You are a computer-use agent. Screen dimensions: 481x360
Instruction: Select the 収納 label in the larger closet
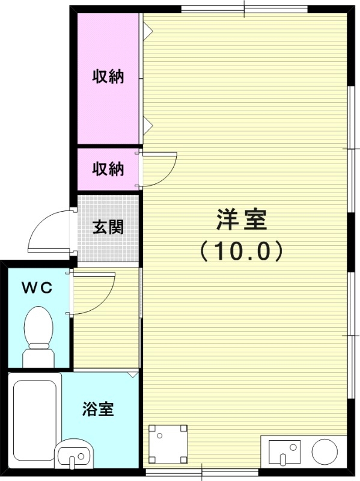coord(108,77)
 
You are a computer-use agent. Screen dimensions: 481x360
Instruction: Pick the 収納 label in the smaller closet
coord(108,170)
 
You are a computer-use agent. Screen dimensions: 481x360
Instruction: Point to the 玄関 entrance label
coord(108,227)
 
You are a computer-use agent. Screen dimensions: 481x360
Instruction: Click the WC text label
coord(37,287)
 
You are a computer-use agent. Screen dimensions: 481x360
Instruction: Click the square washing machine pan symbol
coord(168,444)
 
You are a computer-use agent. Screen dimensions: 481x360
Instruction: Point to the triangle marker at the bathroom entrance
coord(133,375)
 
